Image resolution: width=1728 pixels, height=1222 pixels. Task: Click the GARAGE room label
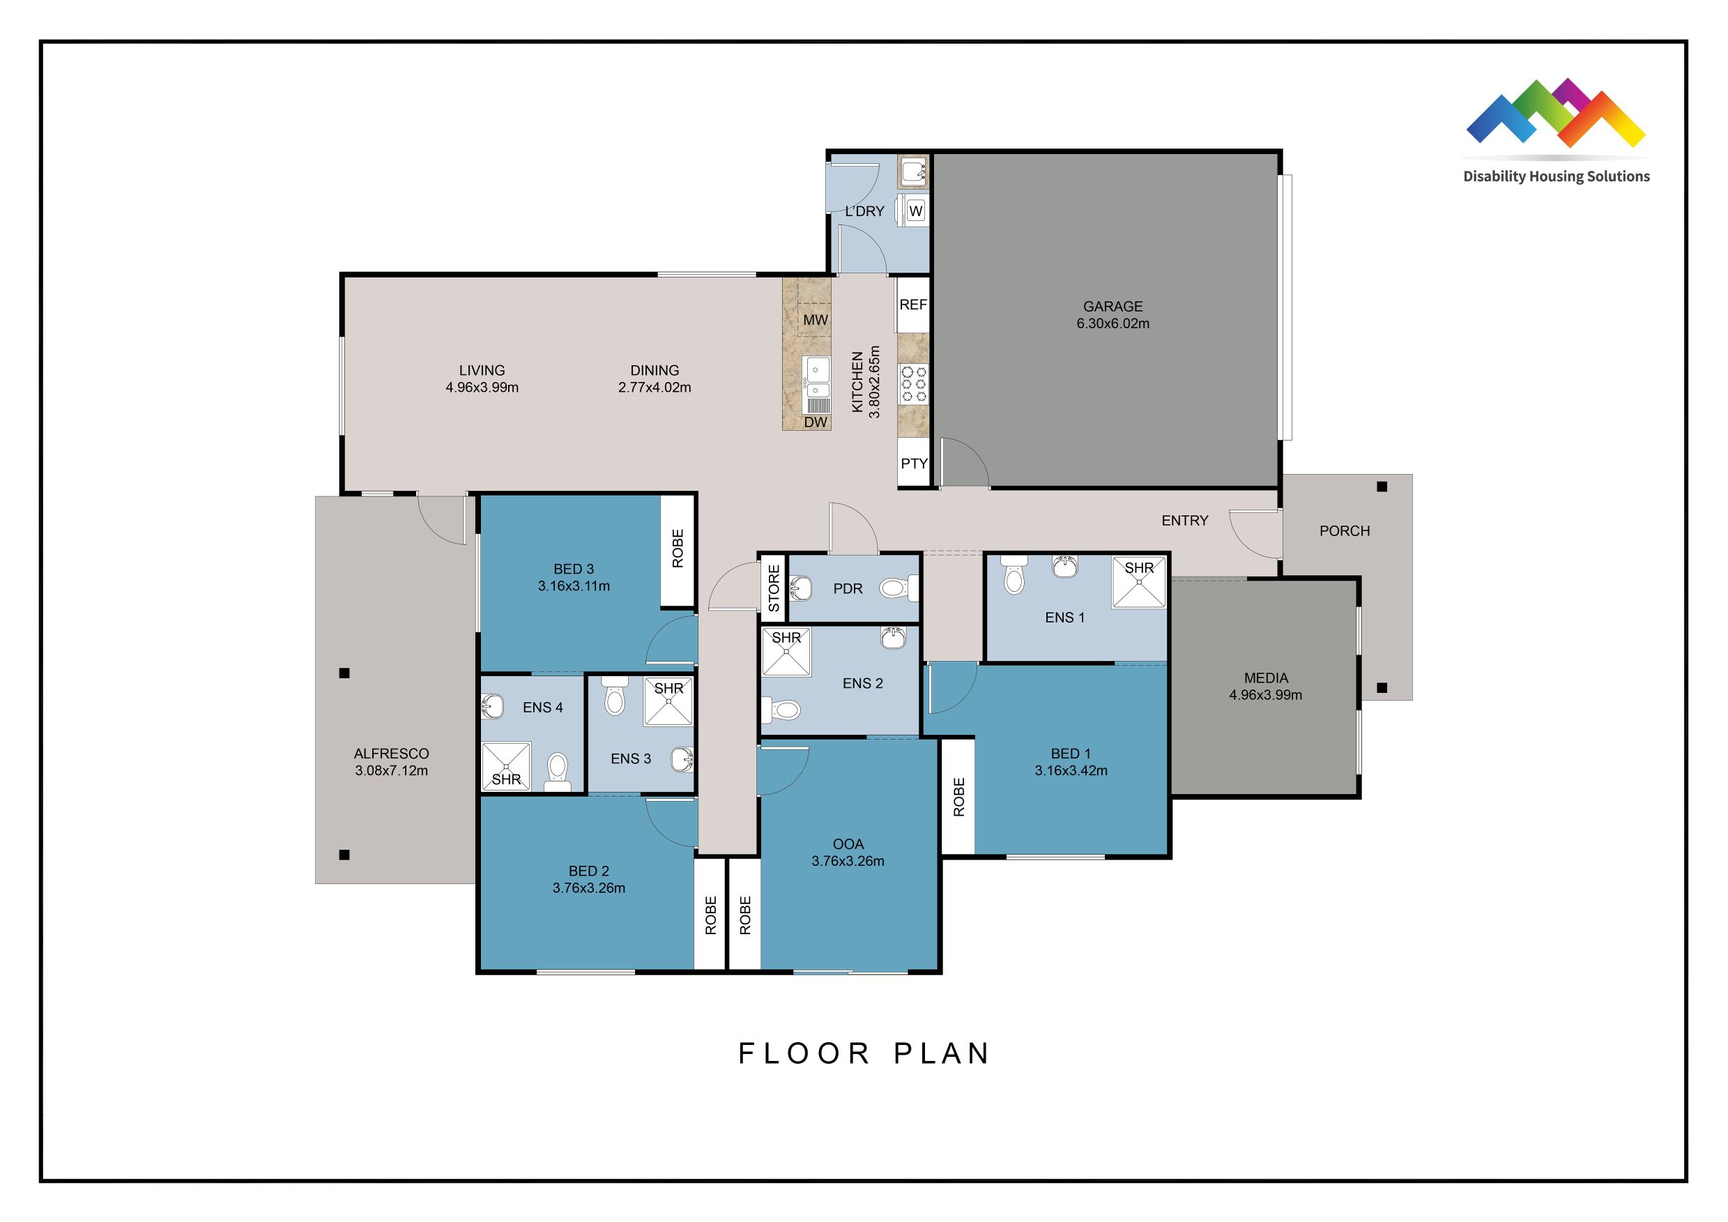click(x=1113, y=306)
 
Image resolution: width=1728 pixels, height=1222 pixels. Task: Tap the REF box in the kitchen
click(x=913, y=305)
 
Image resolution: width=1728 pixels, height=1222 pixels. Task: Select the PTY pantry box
click(x=914, y=464)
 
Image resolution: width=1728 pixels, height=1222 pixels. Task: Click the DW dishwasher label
click(x=815, y=422)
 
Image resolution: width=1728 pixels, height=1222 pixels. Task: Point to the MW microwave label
click(x=815, y=320)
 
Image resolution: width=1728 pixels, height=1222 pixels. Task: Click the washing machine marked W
click(x=915, y=211)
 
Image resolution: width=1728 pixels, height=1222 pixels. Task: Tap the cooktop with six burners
click(x=914, y=385)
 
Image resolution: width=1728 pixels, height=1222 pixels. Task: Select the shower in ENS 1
click(x=1139, y=581)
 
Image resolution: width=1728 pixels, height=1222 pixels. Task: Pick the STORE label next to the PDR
click(x=774, y=588)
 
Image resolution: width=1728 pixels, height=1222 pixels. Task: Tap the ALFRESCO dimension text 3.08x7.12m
click(x=391, y=770)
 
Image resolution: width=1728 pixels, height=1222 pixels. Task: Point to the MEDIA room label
click(x=1266, y=678)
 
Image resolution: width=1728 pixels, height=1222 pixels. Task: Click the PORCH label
click(x=1344, y=531)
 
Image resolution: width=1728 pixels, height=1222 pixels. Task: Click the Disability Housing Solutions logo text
click(x=1556, y=177)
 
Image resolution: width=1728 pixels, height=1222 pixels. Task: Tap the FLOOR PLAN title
click(x=864, y=1053)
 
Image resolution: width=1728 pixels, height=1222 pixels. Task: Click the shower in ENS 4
click(x=506, y=766)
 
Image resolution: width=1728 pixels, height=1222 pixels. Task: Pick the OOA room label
click(x=848, y=844)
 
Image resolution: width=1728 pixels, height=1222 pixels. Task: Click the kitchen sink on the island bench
click(x=816, y=376)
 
